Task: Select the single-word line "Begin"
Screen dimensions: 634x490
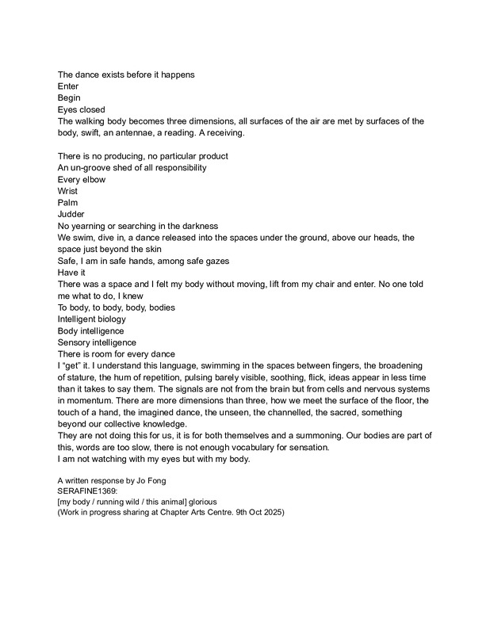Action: coord(69,97)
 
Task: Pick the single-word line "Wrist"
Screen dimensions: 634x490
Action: coord(68,191)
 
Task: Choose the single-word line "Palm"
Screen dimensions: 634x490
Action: coord(68,203)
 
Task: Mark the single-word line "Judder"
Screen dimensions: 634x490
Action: coord(73,214)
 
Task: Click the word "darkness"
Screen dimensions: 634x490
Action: coord(196,226)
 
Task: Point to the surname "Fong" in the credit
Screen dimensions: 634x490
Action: coord(175,480)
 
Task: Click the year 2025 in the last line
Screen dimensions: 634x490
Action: coord(267,512)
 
